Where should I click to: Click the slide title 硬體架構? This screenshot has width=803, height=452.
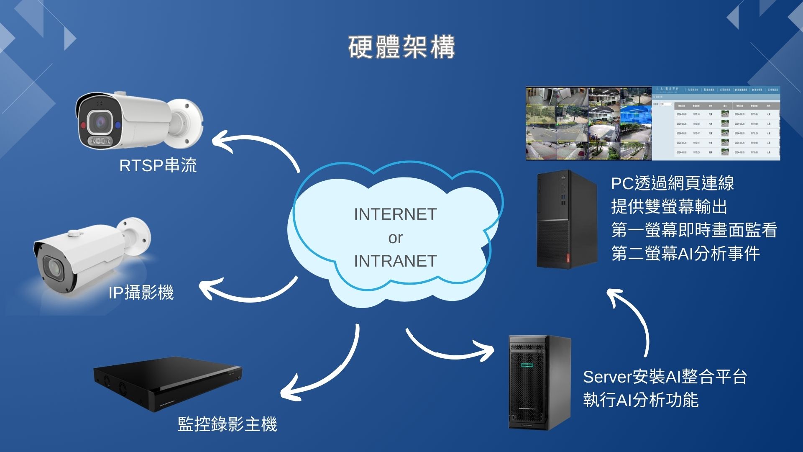pos(401,47)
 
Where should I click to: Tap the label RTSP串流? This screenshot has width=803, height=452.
pos(158,165)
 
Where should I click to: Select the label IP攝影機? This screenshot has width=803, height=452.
pos(141,293)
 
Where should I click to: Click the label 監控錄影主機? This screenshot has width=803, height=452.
pos(227,424)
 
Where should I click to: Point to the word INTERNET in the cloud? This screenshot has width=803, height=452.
pos(395,214)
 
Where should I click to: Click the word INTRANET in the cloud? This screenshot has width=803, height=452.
pos(395,261)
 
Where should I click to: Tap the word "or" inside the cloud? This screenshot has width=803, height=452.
pos(395,238)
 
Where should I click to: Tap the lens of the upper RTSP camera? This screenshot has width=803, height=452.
pos(100,122)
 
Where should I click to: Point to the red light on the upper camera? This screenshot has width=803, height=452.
pos(83,125)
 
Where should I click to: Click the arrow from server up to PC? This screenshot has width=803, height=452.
pos(636,318)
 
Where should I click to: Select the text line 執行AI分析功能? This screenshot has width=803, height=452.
pos(641,400)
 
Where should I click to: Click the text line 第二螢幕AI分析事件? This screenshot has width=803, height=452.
pos(685,254)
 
